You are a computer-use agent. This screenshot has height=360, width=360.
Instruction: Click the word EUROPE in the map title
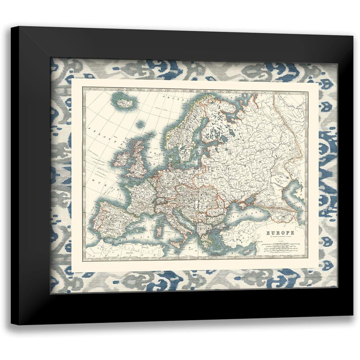point(280,233)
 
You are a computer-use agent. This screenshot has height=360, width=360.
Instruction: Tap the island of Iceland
point(125,102)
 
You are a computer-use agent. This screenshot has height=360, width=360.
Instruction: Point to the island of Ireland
point(122,158)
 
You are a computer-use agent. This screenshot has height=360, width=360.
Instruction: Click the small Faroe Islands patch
point(140,125)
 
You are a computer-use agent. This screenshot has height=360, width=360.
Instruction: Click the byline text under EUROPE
point(280,238)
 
